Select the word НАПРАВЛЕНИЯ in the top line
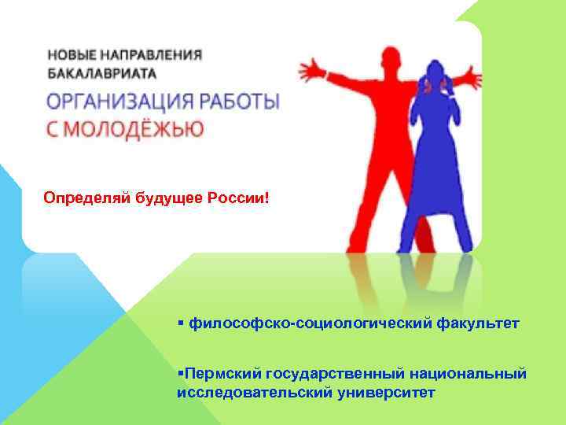pos(156,57)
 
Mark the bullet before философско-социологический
pos(181,323)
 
